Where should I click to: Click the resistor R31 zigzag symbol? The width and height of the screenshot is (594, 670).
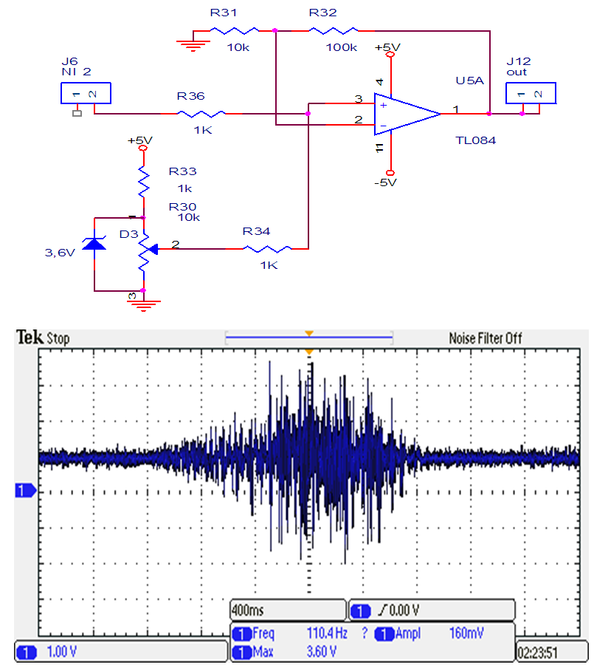point(235,30)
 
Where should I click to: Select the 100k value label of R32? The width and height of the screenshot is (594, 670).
point(341,47)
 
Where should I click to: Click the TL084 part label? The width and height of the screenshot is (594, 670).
point(476,140)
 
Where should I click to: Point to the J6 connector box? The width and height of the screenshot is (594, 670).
point(85,94)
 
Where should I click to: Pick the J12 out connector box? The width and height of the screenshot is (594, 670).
point(530,94)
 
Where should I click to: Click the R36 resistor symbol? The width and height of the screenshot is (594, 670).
point(201,114)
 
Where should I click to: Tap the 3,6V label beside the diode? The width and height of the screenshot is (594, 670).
point(60,253)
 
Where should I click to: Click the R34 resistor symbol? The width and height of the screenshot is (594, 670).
point(267,248)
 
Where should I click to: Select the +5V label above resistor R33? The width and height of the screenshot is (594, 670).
point(139,140)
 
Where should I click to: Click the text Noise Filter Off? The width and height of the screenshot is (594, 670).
point(486,338)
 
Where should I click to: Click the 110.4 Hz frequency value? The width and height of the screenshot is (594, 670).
point(327,633)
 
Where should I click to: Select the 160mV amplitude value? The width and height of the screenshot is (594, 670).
point(468,633)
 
